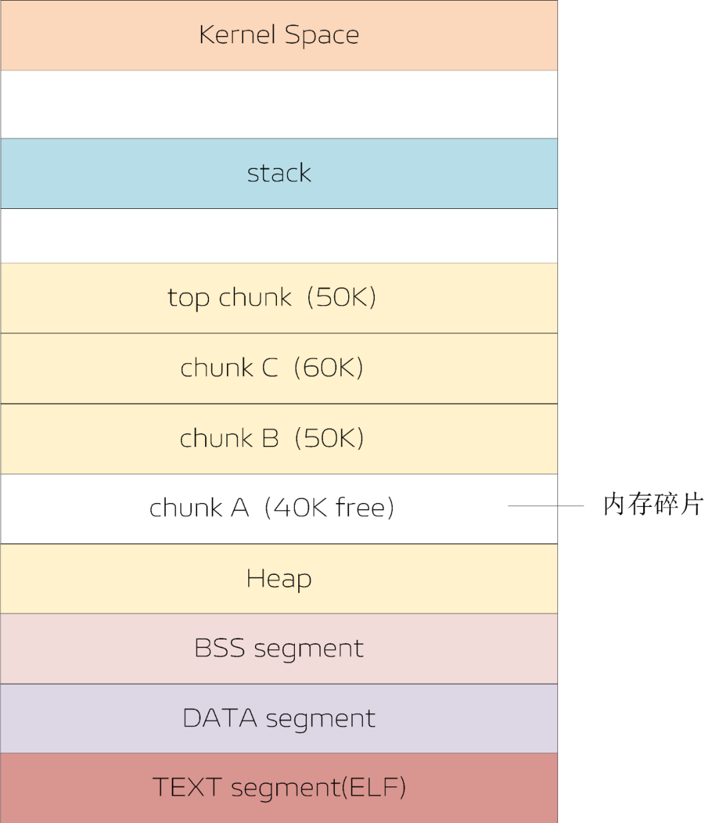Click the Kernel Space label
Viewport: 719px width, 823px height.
(279, 35)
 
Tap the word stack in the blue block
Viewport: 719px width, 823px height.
(279, 173)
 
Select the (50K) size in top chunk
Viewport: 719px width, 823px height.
(342, 297)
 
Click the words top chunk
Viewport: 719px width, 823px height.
(230, 297)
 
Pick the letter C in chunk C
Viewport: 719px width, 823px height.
(270, 368)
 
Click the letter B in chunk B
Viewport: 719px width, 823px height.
(270, 438)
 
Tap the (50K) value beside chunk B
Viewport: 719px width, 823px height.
(329, 438)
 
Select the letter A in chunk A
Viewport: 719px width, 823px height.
(240, 508)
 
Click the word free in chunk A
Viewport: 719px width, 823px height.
(360, 508)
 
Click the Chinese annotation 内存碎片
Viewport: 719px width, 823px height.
(653, 504)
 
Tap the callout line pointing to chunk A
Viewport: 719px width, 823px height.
(545, 506)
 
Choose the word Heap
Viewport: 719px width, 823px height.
(279, 579)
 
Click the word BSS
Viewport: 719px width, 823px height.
(220, 648)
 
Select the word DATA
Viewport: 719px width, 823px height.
(220, 719)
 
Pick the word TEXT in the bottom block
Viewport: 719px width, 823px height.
(187, 788)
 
